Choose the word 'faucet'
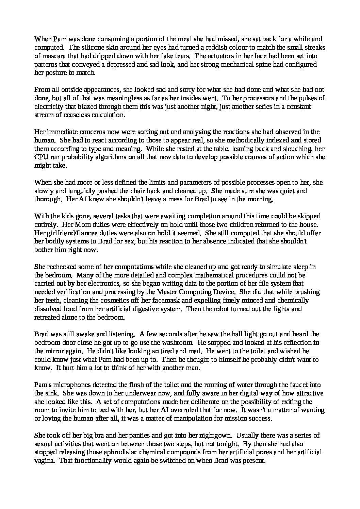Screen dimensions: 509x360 299,385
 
